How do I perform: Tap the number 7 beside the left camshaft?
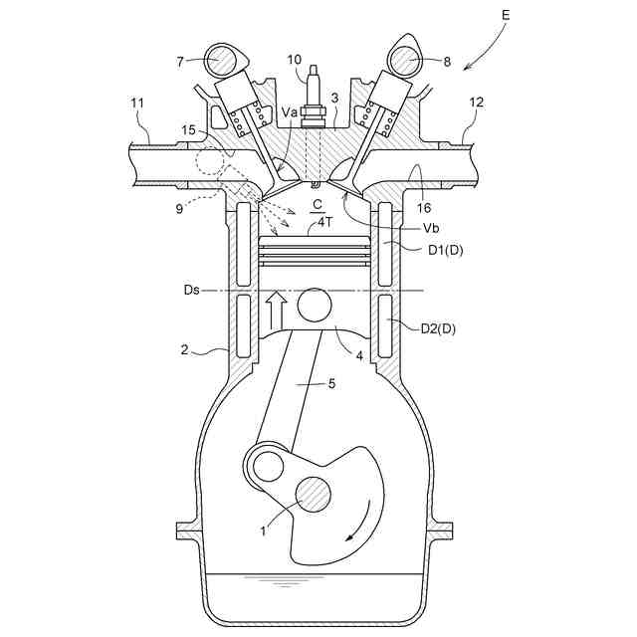[181, 61]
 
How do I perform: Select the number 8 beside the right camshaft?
[447, 62]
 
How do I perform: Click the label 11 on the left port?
[137, 103]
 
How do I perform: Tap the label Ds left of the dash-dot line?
[192, 291]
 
